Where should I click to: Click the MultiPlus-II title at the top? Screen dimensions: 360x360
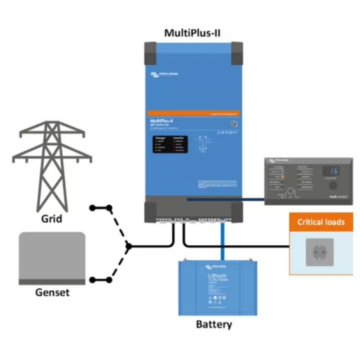coord(193,33)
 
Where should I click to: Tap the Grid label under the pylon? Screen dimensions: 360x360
coord(51,220)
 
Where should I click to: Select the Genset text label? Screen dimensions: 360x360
coord(52,292)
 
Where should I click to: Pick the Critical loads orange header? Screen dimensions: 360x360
coord(321,222)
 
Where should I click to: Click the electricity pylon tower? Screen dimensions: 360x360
coord(52,166)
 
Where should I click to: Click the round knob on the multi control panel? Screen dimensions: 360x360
coord(332,186)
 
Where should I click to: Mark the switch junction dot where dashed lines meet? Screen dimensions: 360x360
coord(129,246)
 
